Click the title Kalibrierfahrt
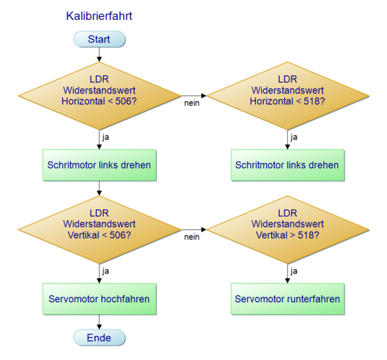[x=99, y=15]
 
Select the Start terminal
[x=99, y=39]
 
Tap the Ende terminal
[x=99, y=337]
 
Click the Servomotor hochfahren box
[x=99, y=299]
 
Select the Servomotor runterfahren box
[x=287, y=299]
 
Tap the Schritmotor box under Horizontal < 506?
[x=99, y=165]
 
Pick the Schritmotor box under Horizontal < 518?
[x=287, y=165]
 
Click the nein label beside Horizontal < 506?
[x=192, y=104]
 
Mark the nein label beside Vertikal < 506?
[x=192, y=237]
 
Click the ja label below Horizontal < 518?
[x=293, y=137]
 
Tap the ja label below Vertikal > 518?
[x=293, y=271]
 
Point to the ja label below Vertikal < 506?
[x=106, y=271]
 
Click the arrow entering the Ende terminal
[x=99, y=323]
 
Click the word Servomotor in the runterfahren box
[x=261, y=299]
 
